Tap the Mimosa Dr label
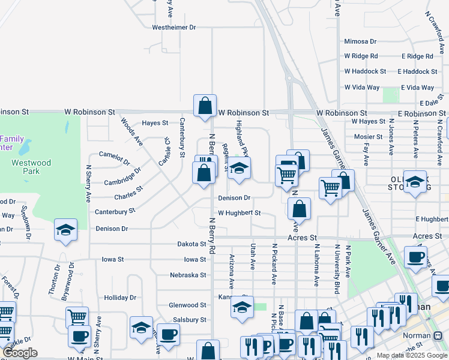[360, 41]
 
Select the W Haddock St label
[365, 71]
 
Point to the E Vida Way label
[417, 88]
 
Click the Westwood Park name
[31, 167]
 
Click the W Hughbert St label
[239, 213]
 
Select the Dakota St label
[191, 244]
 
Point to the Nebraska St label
[187, 275]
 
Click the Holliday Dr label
[120, 298]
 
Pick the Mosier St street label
[368, 137]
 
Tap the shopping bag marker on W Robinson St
[205, 106]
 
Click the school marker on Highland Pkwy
[239, 170]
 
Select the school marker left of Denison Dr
[66, 230]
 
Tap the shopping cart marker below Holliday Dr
[77, 318]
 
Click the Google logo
[20, 353]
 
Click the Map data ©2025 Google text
[412, 355]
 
